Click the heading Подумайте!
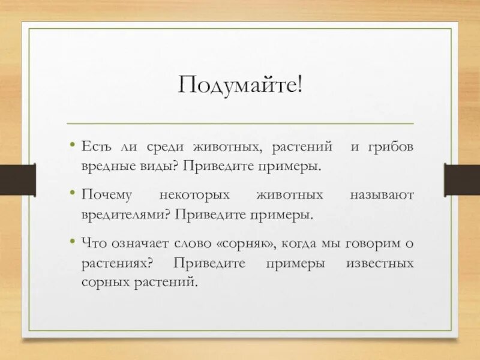point(240,84)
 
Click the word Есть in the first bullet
point(95,146)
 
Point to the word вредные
point(103,165)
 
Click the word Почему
point(104,195)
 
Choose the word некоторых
point(195,195)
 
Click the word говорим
point(377,244)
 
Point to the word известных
point(380,263)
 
